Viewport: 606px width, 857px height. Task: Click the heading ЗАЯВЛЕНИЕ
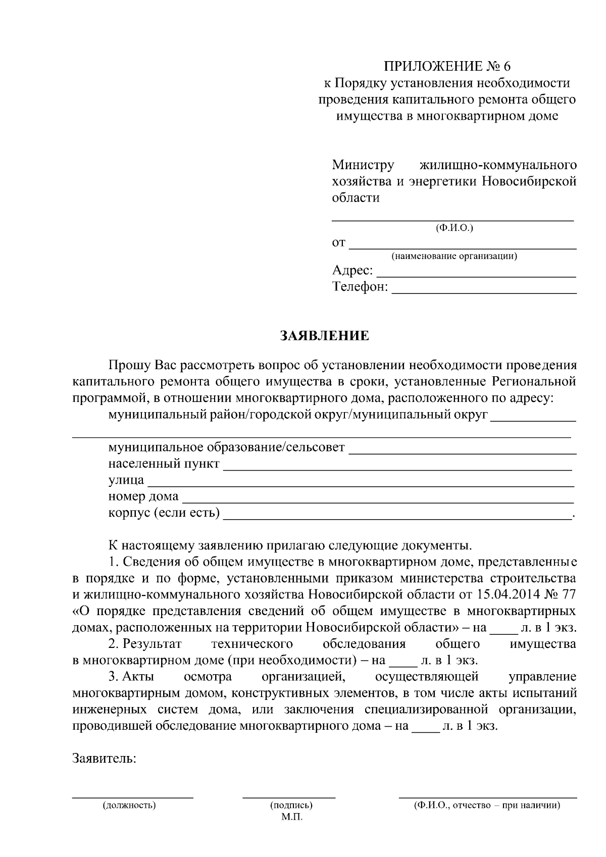pyautogui.click(x=325, y=336)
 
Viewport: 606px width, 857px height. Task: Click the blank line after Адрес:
pyautogui.click(x=477, y=276)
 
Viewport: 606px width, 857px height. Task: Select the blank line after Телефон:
pyautogui.click(x=484, y=292)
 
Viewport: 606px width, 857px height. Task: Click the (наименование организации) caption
pyautogui.click(x=454, y=256)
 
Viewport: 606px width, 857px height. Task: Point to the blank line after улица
pyautogui.click(x=360, y=485)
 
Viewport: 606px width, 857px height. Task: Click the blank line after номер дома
pyautogui.click(x=378, y=501)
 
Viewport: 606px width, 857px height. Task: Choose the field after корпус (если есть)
pyautogui.click(x=397, y=518)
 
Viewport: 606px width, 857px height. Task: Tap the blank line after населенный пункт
pyautogui.click(x=397, y=469)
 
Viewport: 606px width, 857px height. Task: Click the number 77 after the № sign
pyautogui.click(x=568, y=595)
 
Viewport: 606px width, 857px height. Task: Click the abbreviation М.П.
pyautogui.click(x=291, y=817)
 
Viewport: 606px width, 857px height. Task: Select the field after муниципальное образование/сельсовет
pyautogui.click(x=463, y=452)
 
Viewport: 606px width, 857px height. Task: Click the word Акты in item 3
pyautogui.click(x=138, y=677)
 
